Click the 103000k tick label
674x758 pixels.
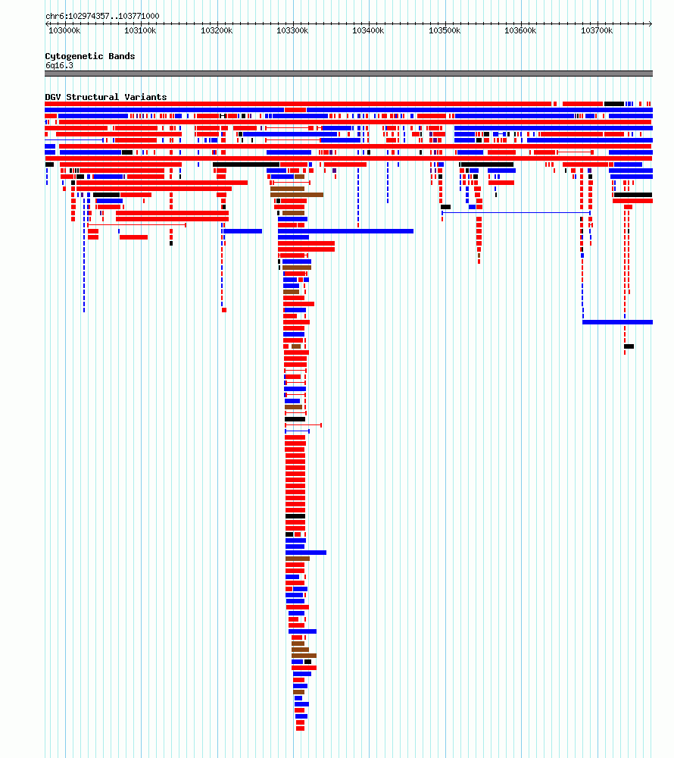64,30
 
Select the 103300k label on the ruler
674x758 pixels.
292,30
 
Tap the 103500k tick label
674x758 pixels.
445,30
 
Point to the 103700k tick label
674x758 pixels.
597,30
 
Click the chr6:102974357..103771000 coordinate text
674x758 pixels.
102,16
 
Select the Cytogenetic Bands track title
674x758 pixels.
90,56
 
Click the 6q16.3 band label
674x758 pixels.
59,65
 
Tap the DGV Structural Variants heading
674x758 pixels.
106,97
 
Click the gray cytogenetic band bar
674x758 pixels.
348,74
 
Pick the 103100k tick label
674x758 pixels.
141,30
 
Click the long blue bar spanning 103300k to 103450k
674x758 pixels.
345,231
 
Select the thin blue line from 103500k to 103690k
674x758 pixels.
516,212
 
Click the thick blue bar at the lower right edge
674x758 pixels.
617,322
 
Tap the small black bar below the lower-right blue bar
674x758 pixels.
629,346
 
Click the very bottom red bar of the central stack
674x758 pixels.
301,728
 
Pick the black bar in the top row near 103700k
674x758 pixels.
614,104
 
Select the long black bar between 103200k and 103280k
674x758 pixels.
246,164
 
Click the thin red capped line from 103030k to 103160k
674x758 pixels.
137,225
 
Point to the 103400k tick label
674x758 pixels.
368,30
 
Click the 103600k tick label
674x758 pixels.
520,30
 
